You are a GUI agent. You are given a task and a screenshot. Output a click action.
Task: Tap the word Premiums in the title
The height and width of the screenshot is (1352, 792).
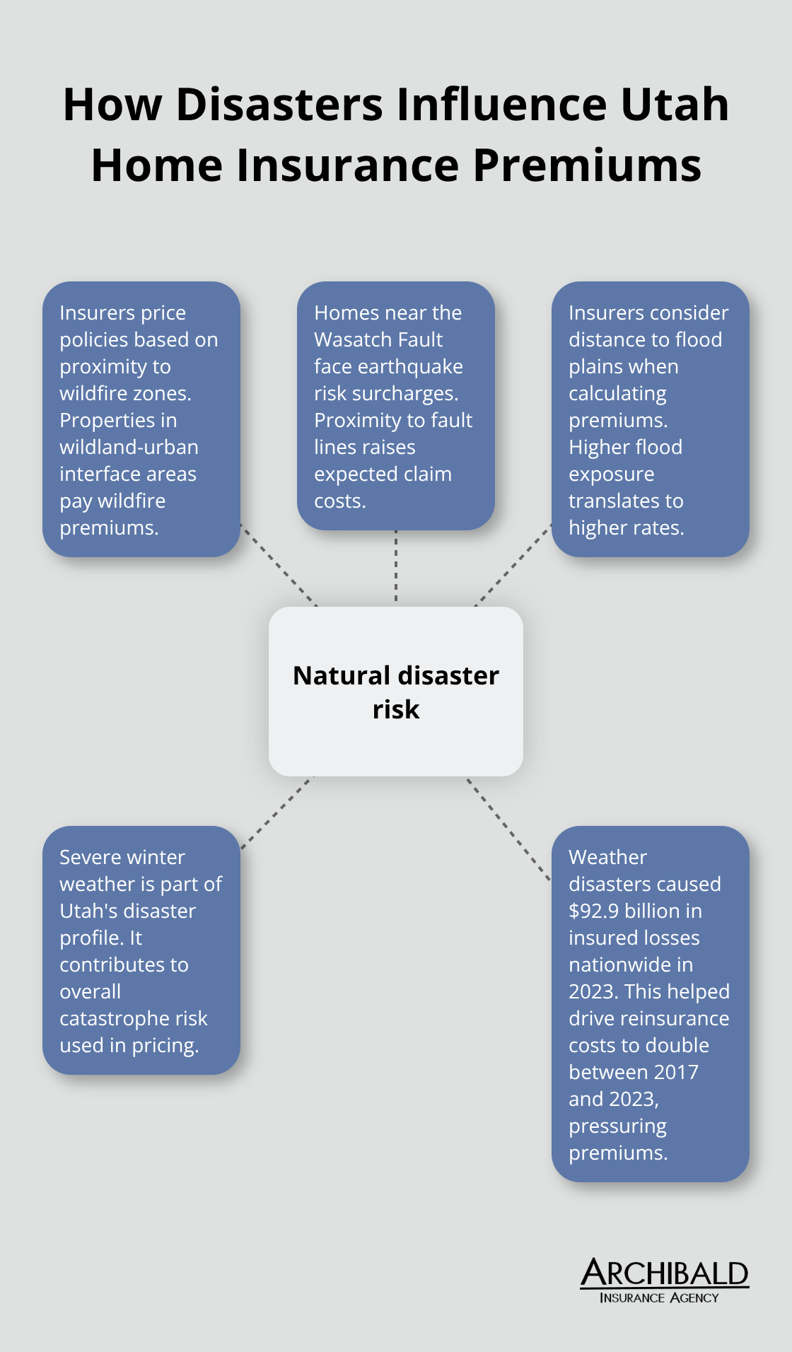[587, 165]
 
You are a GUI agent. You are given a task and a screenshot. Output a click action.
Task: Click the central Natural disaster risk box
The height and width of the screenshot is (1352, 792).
[396, 691]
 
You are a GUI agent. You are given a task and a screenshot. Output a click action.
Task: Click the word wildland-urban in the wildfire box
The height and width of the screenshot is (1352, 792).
[129, 448]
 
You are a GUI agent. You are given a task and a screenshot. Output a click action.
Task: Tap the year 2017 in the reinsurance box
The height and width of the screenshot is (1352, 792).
[676, 1072]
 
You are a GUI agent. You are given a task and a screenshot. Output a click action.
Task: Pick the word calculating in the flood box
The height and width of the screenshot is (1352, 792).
[617, 394]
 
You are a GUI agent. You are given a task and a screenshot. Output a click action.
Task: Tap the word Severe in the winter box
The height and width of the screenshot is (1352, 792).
[87, 858]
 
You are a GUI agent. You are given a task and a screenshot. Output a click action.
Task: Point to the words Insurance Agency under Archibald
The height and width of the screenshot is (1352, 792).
[659, 1298]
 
